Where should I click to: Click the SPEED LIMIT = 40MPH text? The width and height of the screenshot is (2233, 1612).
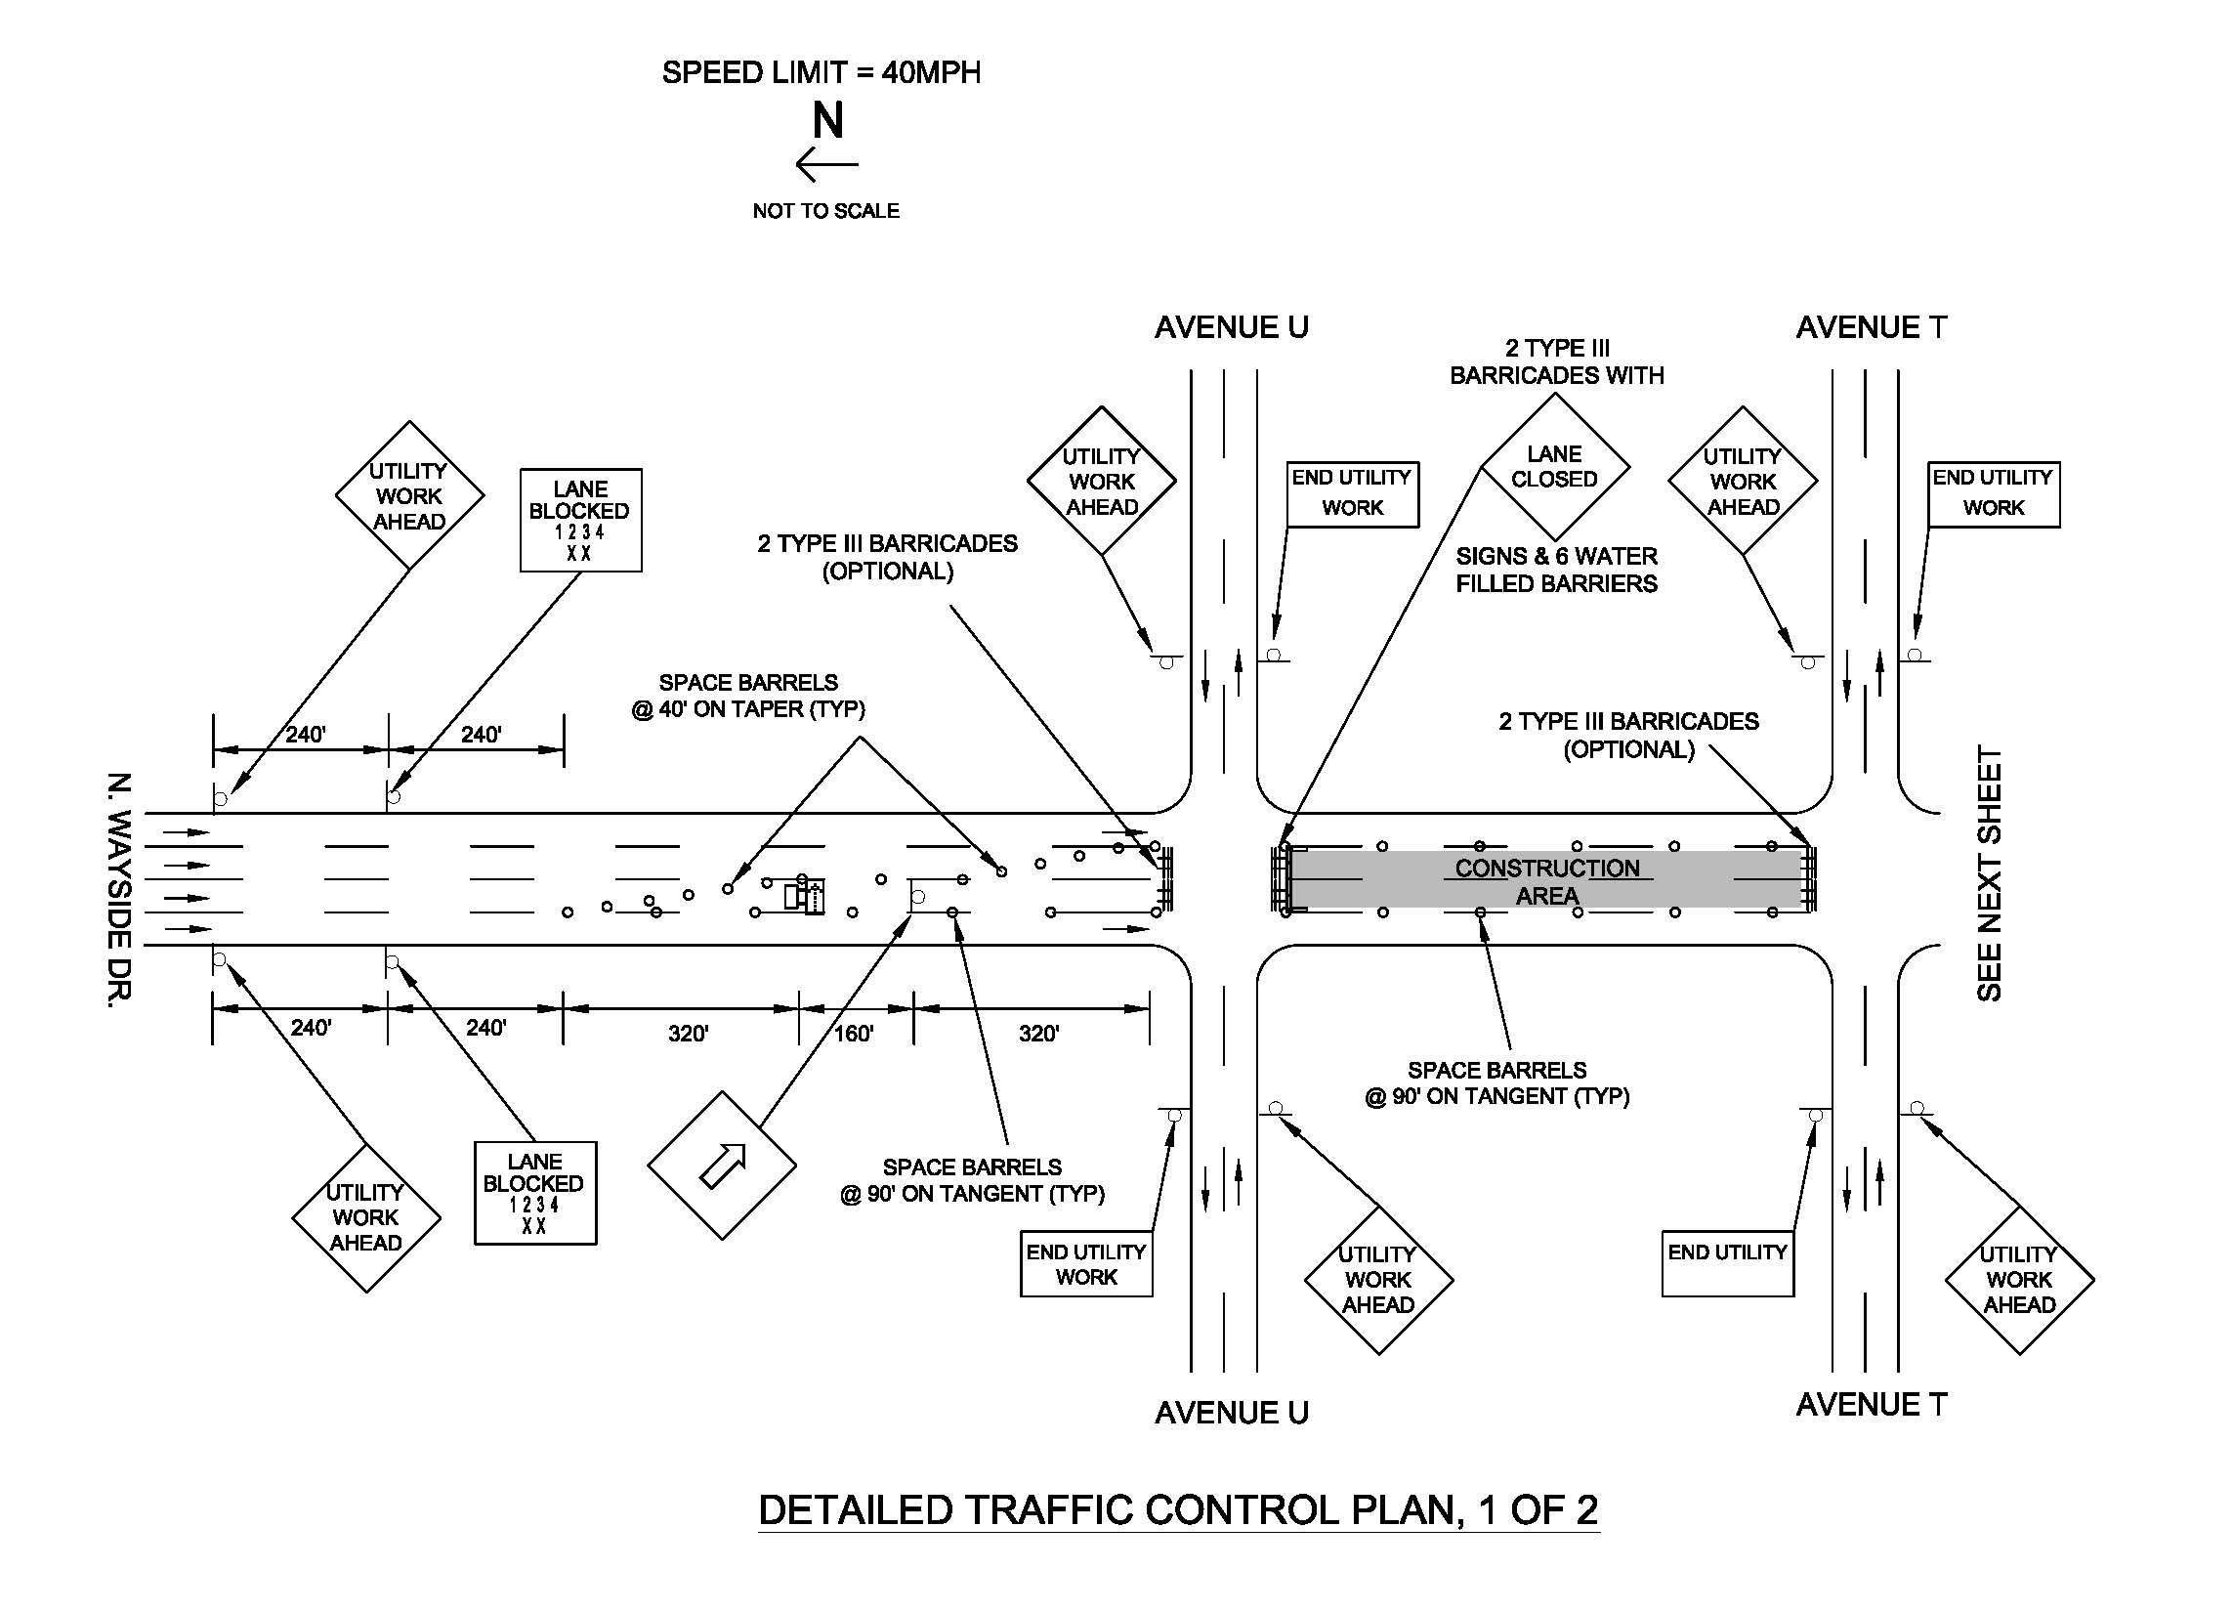[822, 73]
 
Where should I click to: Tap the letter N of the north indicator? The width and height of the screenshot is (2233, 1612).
[828, 121]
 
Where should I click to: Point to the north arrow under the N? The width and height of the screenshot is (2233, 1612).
[827, 164]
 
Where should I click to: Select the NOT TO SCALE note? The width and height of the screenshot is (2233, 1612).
[826, 211]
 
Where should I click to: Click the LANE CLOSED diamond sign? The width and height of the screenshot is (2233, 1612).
[1556, 466]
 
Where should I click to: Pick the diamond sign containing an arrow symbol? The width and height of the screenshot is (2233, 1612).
[722, 1165]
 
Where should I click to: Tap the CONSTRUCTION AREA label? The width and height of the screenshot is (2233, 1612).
[1547, 881]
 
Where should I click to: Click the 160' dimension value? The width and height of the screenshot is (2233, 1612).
[854, 1033]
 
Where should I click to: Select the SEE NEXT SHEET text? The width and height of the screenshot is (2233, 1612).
[1990, 873]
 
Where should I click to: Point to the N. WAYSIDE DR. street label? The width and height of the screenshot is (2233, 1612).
[118, 890]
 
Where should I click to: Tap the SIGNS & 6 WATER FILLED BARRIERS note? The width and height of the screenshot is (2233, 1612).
[1557, 571]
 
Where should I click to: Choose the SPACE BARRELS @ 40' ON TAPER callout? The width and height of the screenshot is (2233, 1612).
[748, 697]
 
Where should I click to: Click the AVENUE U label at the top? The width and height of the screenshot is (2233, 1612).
[1232, 328]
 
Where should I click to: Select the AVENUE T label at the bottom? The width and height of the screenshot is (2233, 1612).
[1872, 1404]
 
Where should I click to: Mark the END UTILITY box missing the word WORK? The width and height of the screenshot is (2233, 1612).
[1728, 1263]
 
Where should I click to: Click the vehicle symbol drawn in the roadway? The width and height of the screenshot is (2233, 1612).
[804, 895]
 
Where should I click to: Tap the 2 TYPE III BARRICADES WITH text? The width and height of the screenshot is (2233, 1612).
[1558, 361]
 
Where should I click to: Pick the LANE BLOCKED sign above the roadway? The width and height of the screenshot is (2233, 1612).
[581, 520]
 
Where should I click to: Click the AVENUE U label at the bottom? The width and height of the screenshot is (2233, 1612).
[1232, 1413]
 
